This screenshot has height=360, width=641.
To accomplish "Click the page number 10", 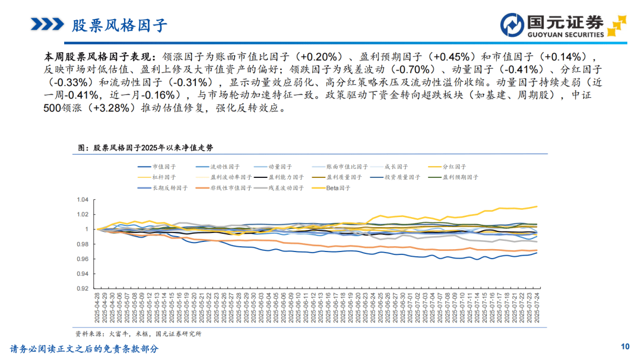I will [x=624, y=346].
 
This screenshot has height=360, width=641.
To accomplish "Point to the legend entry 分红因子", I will [x=455, y=167].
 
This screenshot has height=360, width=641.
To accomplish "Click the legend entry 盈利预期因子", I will [x=460, y=177].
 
